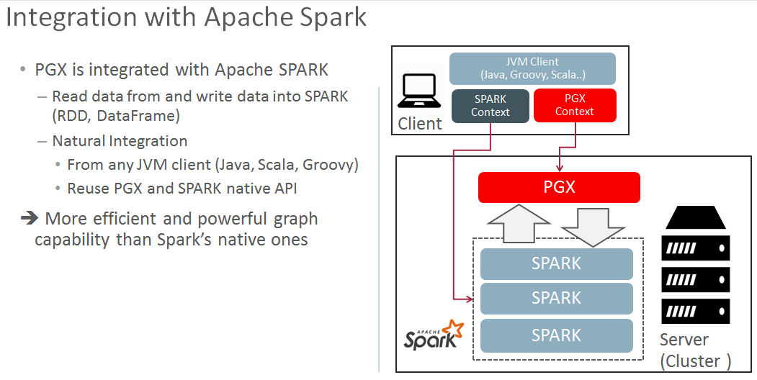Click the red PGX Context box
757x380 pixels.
575,105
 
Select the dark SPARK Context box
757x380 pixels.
491,106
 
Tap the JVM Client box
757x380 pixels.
532,68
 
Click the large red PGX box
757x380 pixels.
559,187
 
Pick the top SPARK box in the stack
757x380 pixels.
556,264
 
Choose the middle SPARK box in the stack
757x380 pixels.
556,299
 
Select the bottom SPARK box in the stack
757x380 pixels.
556,335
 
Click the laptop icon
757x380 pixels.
419,91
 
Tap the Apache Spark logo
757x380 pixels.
434,335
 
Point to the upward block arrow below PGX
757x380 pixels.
519,223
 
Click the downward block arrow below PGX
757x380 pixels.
593,227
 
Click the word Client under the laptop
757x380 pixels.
419,124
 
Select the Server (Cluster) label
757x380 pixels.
696,350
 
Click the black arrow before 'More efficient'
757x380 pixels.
30,219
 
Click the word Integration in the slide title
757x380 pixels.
71,17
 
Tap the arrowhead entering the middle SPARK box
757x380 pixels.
471,299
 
